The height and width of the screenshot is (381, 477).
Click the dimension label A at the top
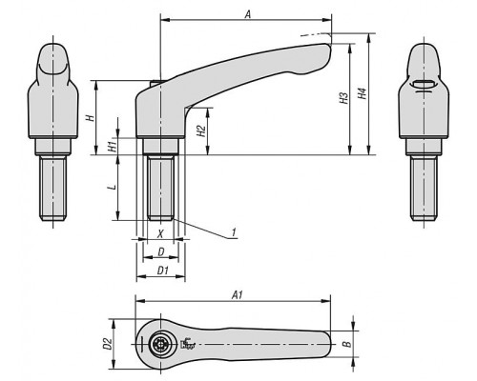coord(248,14)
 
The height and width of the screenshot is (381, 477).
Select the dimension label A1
coord(238,295)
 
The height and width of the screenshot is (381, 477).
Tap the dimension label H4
coord(363,93)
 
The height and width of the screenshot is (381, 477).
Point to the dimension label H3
coord(343,98)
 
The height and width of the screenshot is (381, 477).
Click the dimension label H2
coord(201,130)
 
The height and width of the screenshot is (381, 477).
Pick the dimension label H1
coord(112,147)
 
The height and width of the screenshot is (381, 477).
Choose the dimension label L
coord(112,188)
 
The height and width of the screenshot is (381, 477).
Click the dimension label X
coord(161,234)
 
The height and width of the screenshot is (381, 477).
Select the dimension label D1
coord(163,271)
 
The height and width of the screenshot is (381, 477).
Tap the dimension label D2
coord(108,344)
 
